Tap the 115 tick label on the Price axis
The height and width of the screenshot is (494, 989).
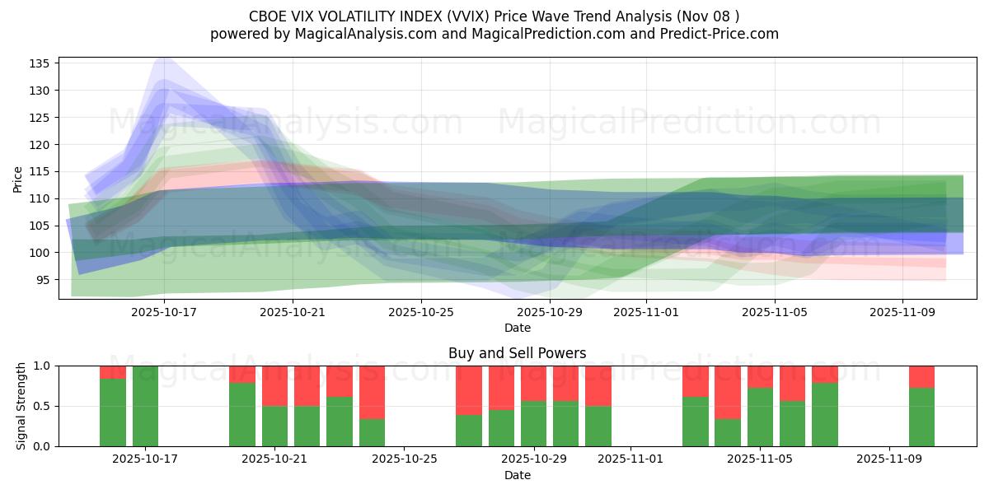40,171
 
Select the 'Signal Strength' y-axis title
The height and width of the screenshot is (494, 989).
21,406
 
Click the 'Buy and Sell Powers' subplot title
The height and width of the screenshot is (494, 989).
517,353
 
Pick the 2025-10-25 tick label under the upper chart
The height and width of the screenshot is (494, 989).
421,312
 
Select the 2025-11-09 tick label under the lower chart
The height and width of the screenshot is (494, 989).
889,459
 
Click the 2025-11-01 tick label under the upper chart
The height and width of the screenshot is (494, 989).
646,312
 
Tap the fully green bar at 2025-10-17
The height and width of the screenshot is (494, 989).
145,406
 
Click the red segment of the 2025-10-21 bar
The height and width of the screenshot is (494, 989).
274,385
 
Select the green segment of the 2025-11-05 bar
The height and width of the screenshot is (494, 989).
760,417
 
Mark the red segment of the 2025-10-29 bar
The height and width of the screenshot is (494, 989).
533,383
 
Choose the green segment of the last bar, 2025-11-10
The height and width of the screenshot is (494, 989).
921,417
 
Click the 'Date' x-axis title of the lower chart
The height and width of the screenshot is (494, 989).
517,475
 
